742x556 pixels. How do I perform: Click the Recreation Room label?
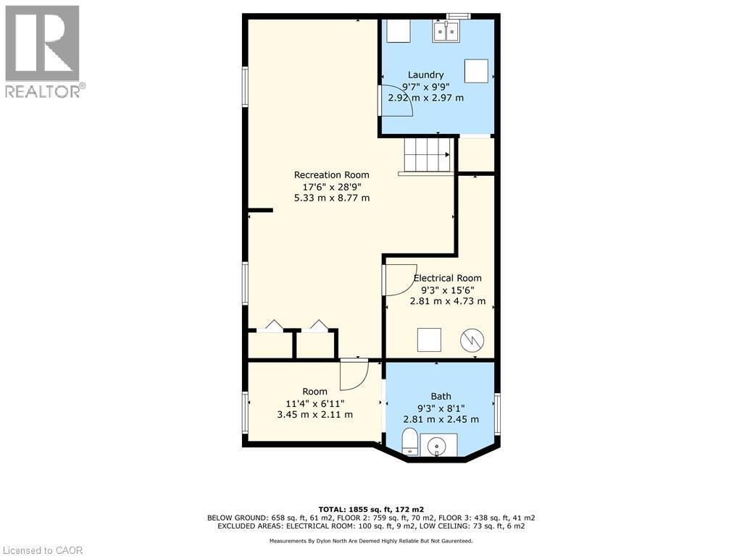(x=331, y=174)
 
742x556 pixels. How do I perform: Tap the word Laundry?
(x=425, y=75)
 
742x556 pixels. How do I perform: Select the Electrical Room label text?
(x=447, y=278)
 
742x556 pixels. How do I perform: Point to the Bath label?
(x=441, y=396)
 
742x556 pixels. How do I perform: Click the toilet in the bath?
(x=409, y=441)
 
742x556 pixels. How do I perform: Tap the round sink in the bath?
(x=438, y=445)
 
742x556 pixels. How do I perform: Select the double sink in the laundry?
(x=446, y=31)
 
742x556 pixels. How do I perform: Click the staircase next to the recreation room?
(x=428, y=155)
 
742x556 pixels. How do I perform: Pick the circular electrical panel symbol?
(x=472, y=340)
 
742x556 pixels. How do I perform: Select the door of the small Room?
(x=354, y=374)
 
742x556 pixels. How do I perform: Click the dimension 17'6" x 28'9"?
(x=331, y=186)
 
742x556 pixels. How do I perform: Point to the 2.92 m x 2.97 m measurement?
(x=425, y=98)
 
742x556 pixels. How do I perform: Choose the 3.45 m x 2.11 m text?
(x=314, y=415)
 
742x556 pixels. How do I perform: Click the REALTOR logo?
(x=43, y=51)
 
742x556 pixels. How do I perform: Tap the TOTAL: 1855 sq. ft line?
(x=370, y=508)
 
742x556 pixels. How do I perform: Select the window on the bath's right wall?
(x=497, y=413)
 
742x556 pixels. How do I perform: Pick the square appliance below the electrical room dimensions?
(x=428, y=340)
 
